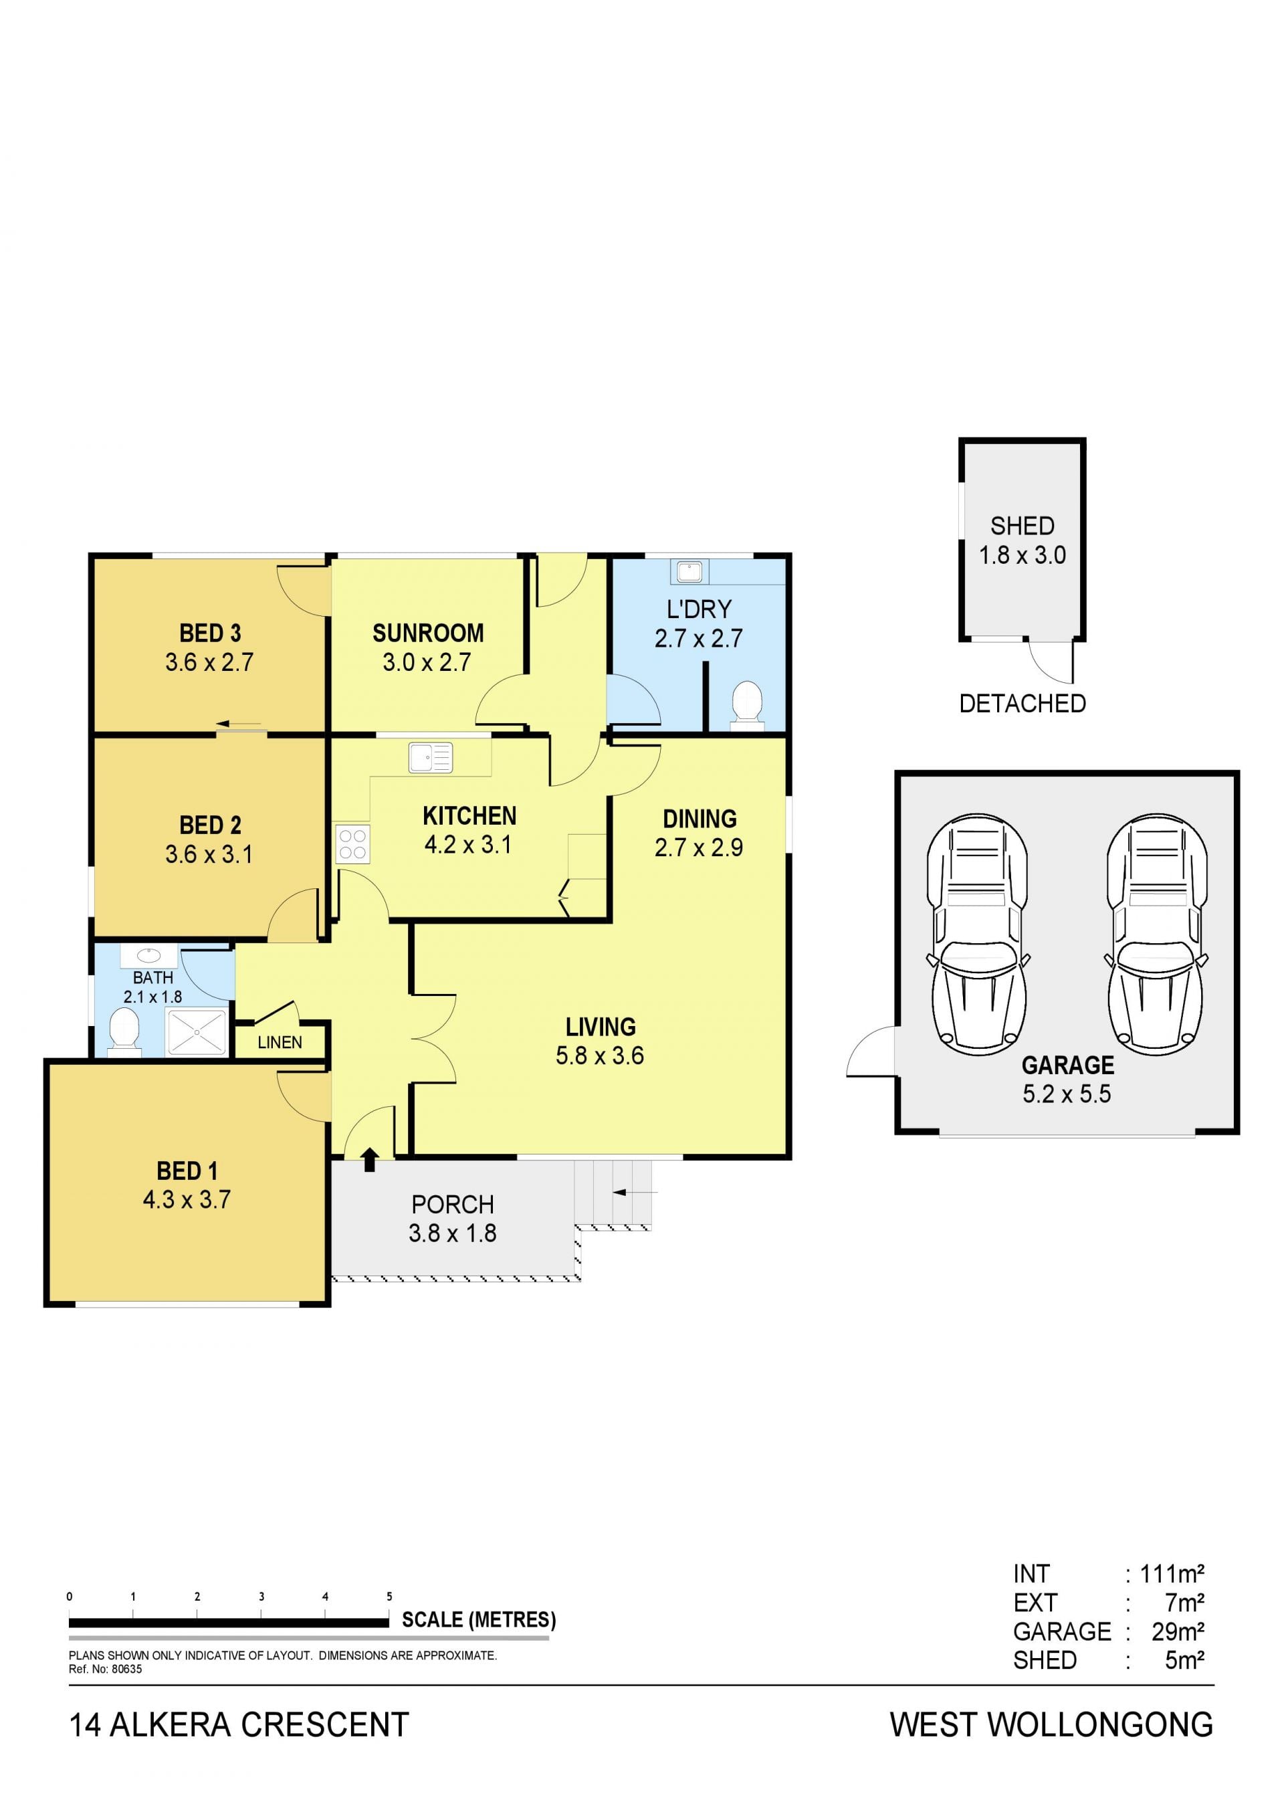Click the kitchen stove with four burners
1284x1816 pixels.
(352, 843)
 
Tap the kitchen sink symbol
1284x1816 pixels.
(430, 757)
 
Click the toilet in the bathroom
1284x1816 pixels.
(124, 1032)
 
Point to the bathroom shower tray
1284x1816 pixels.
(197, 1031)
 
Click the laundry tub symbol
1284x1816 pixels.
(689, 571)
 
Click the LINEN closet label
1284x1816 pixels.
(280, 1043)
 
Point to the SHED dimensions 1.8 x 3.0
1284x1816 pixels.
(1023, 555)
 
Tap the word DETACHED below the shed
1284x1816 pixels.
(1023, 703)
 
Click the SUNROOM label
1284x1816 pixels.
(428, 633)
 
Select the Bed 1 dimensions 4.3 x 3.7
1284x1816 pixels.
(187, 1200)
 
